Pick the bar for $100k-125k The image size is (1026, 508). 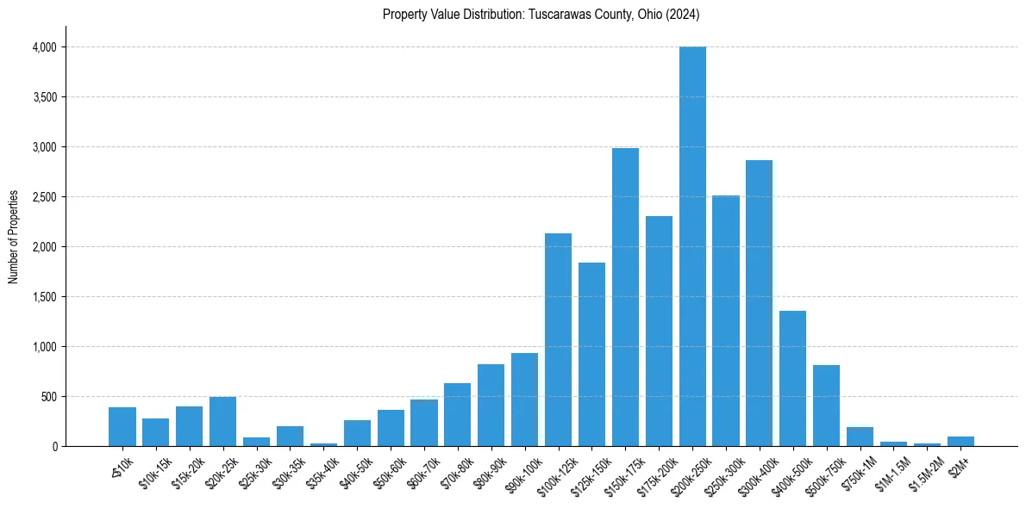pos(558,339)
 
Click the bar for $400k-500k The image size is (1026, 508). pos(792,379)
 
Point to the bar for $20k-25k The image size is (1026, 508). pos(222,422)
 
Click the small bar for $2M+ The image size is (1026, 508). pos(960,442)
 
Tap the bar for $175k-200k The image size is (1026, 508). pos(659,331)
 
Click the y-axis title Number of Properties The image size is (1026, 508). pos(13,237)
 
